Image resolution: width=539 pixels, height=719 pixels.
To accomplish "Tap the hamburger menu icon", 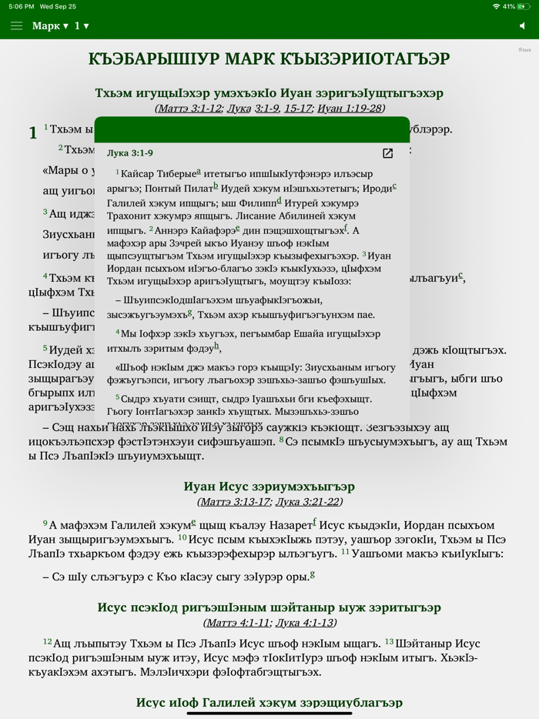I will click(x=16, y=26).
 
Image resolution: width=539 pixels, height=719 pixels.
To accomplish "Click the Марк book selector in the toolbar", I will click(x=50, y=26).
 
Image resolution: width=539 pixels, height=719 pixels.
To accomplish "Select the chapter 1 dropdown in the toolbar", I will click(x=81, y=26).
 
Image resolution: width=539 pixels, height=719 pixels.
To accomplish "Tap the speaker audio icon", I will click(x=522, y=26).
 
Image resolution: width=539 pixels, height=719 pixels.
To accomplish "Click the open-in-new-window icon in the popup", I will click(x=388, y=153).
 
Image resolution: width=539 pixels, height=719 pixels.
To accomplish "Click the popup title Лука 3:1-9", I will click(x=130, y=153).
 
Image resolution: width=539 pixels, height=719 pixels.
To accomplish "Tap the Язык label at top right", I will click(x=524, y=50).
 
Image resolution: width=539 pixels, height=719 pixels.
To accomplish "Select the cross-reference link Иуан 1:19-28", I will click(x=350, y=109).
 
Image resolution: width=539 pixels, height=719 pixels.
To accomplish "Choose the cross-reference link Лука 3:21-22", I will click(x=307, y=502).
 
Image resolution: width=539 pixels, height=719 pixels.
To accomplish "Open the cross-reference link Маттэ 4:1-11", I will click(x=238, y=623).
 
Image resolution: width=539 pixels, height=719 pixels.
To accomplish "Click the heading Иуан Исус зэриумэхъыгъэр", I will click(x=269, y=487).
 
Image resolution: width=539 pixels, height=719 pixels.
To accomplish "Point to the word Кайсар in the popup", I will click(x=139, y=174).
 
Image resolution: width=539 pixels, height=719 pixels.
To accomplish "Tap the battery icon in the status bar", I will click(x=524, y=6).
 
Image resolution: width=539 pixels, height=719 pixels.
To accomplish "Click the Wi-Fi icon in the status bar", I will click(x=496, y=6).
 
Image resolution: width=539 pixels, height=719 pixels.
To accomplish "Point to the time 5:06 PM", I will click(x=22, y=6).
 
